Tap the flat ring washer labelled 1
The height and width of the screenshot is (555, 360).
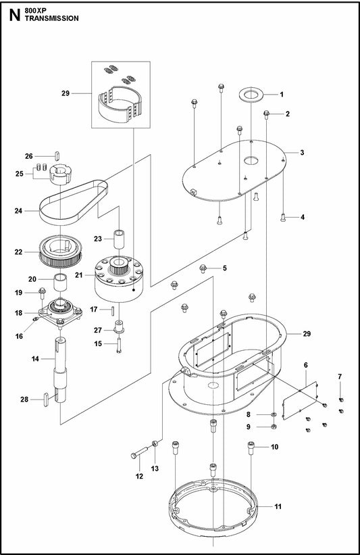click(251, 95)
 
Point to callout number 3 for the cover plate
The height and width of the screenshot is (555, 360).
click(303, 153)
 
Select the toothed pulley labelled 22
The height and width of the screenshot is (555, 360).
click(59, 252)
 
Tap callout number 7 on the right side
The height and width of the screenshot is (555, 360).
click(340, 376)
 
